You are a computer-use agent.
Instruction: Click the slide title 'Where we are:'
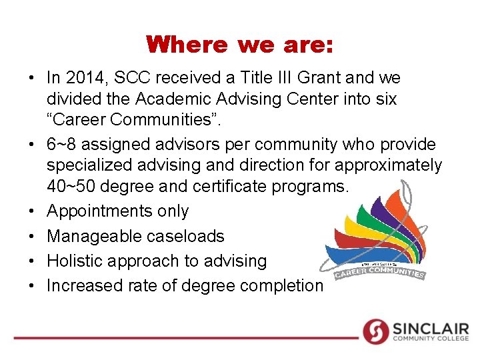240,45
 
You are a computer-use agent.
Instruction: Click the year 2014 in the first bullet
86,78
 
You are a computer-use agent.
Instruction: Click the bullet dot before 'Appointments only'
32,212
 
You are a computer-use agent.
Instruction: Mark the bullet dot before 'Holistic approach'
32,261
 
